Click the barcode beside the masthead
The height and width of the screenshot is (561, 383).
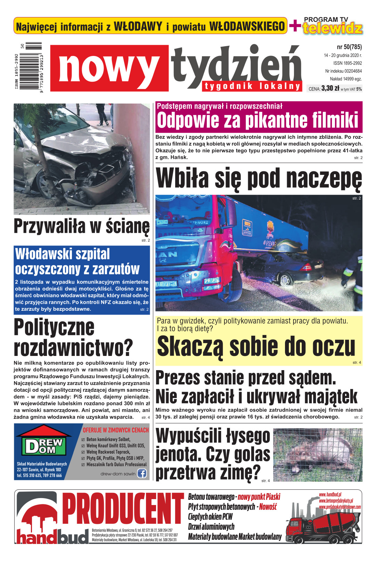[x=34, y=68]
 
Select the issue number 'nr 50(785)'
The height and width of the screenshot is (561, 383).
[x=349, y=47]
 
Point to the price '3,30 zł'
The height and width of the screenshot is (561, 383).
[x=330, y=88]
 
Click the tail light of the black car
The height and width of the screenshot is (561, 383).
[x=307, y=267]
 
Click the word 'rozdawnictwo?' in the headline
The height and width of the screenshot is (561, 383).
[x=73, y=347]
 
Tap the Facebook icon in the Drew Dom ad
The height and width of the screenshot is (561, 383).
[x=142, y=473]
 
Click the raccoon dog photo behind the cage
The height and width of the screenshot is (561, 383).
[x=318, y=454]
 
